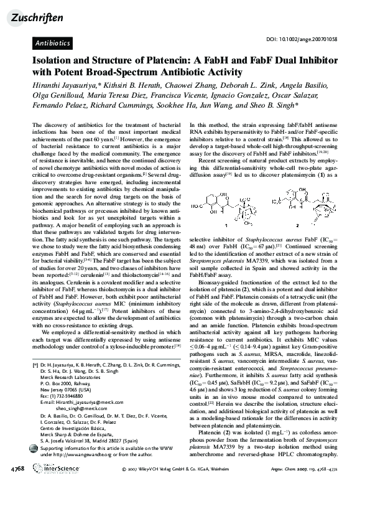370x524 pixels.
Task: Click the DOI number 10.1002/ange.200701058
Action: pyautogui.click(x=310, y=39)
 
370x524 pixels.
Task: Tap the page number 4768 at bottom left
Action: pyautogui.click(x=17, y=502)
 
